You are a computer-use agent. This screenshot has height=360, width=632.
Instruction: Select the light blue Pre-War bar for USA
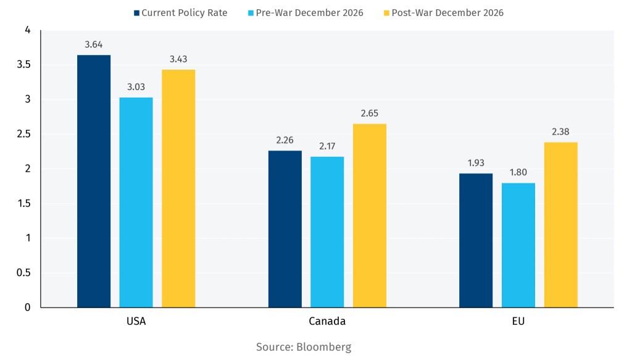[x=136, y=202]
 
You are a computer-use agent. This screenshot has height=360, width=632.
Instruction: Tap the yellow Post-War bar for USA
[x=178, y=188]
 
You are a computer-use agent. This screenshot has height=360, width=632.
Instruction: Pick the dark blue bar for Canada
[x=285, y=228]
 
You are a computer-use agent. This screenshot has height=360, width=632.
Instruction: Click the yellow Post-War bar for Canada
[x=370, y=216]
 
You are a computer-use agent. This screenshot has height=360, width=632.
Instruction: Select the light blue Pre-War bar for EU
[x=518, y=245]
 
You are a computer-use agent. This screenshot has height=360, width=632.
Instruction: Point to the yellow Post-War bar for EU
[x=560, y=225]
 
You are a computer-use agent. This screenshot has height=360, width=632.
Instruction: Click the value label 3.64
[x=94, y=44]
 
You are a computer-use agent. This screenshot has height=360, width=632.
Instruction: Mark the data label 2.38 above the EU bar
[x=560, y=132]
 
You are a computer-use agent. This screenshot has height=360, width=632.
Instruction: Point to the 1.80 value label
[x=518, y=172]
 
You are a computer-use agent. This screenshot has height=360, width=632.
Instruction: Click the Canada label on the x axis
[x=327, y=321]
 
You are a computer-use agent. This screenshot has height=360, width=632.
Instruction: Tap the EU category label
[x=518, y=321]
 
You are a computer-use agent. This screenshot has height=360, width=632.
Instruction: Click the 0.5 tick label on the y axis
[x=23, y=272]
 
